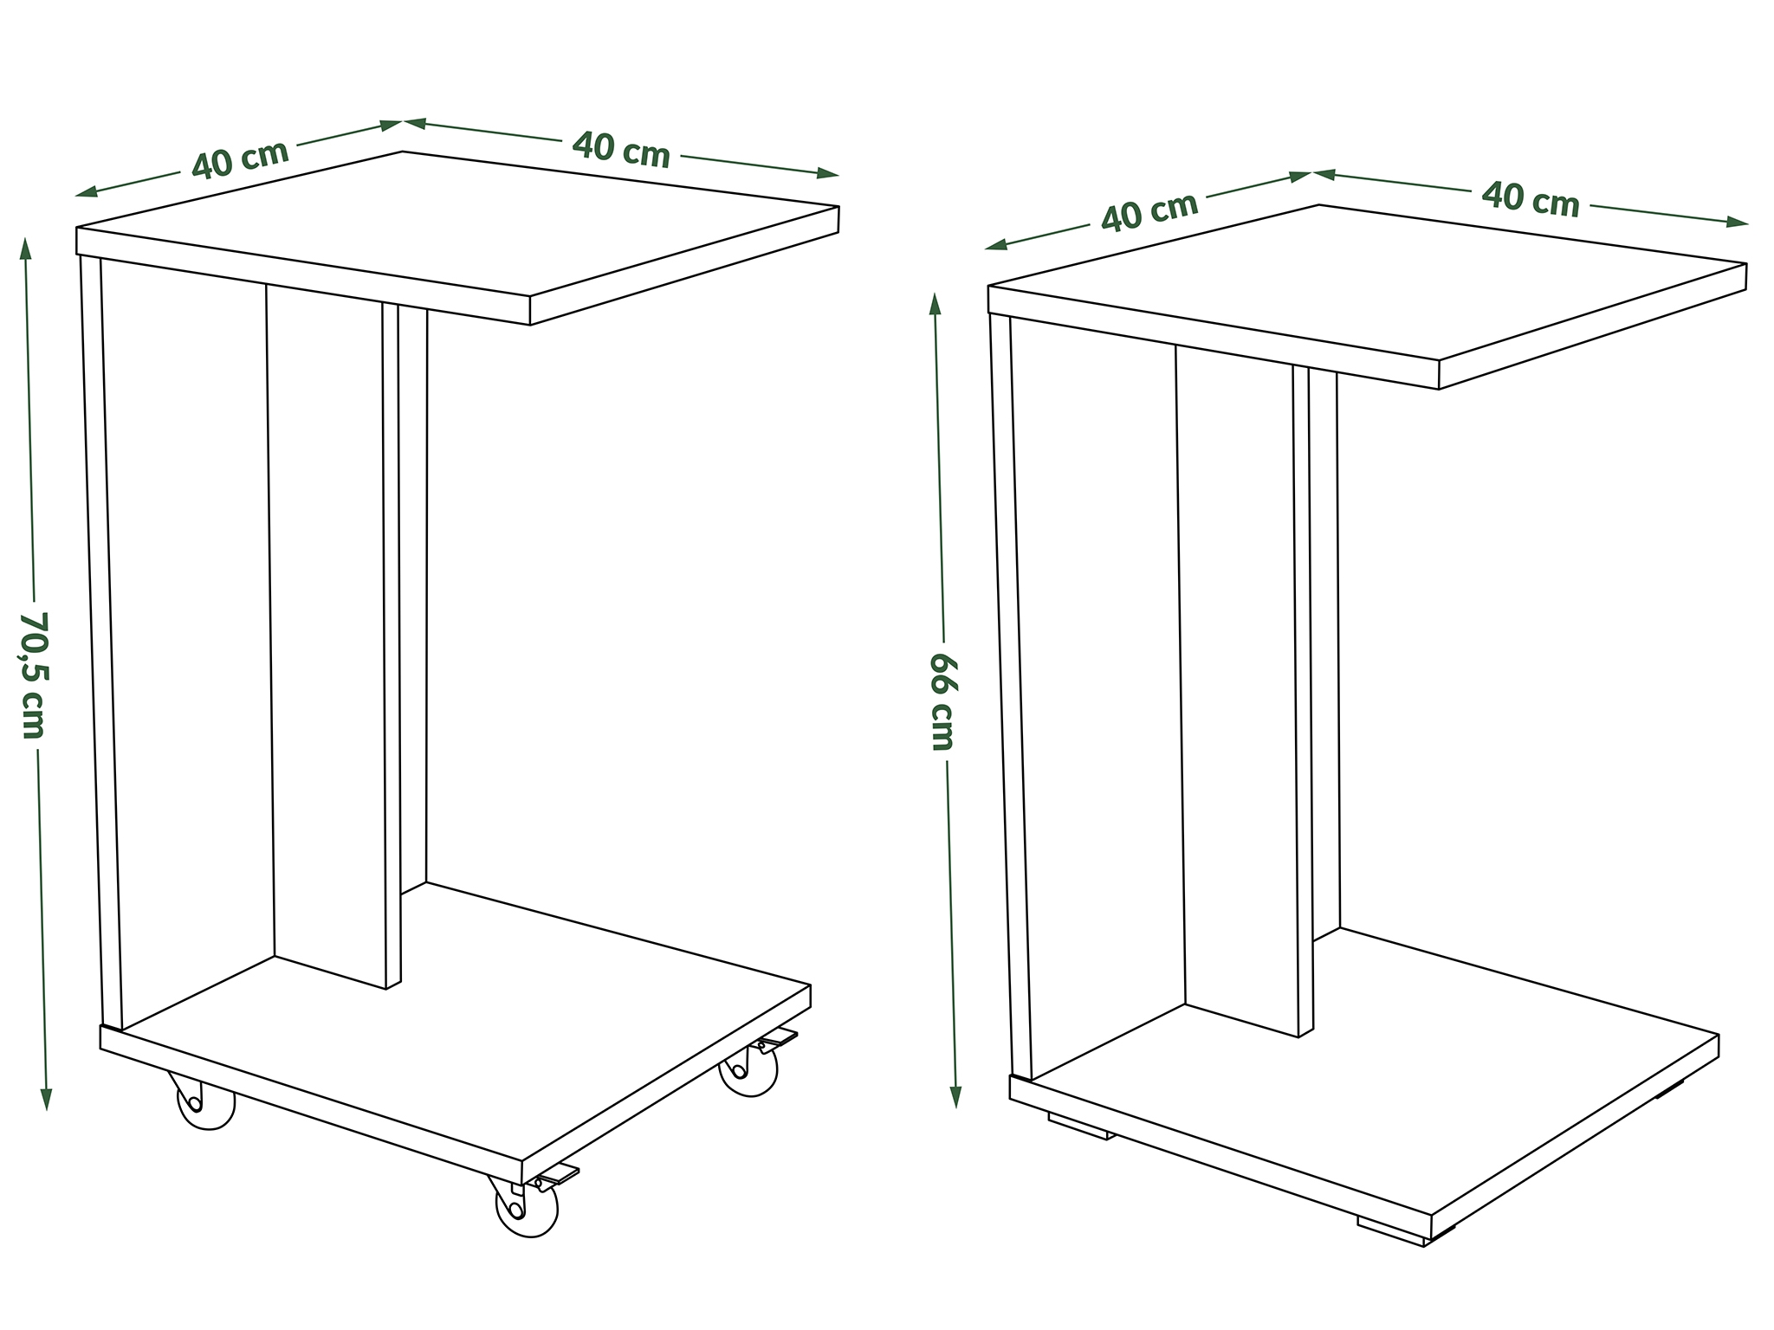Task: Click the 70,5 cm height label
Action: click(33, 675)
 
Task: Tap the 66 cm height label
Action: click(942, 701)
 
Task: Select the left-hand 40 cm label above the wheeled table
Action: click(240, 159)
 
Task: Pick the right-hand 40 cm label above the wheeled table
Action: click(621, 150)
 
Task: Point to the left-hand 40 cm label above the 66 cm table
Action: click(1149, 211)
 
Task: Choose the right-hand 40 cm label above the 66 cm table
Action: click(1531, 200)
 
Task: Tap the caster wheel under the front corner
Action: click(526, 1207)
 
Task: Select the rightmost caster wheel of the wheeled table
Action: click(748, 1071)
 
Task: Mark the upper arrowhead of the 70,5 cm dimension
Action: click(25, 250)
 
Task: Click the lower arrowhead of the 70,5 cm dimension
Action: click(47, 1097)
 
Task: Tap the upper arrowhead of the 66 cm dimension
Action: click(935, 307)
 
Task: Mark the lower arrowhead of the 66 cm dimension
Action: click(956, 1094)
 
